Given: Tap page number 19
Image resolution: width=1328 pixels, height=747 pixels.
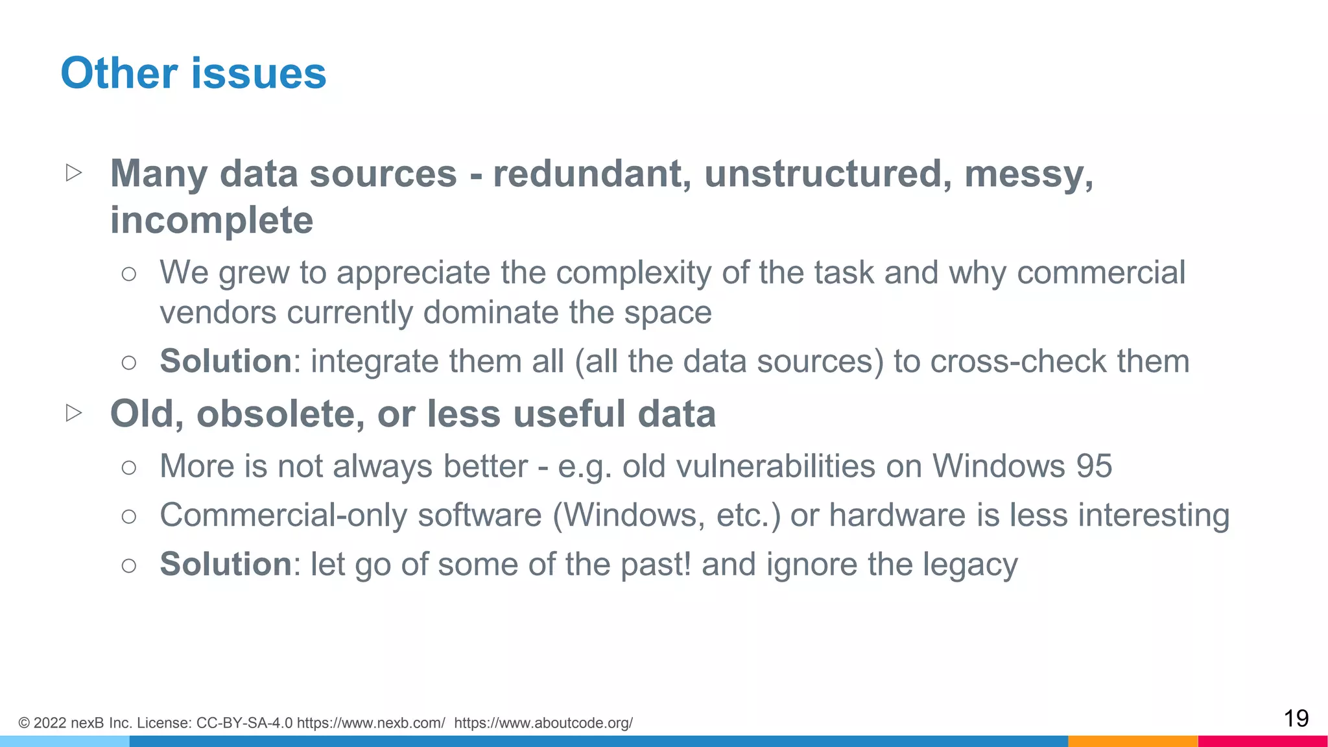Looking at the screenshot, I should pos(1296,718).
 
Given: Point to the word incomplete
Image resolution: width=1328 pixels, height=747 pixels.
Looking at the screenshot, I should pos(211,220).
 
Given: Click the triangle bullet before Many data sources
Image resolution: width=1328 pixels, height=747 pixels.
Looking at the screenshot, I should pos(74,172).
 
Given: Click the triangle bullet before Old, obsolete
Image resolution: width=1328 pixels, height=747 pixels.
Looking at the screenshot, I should pos(74,412).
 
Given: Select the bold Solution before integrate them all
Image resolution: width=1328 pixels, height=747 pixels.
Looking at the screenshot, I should pos(226,361).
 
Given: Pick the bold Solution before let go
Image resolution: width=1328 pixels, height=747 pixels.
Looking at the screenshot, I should pos(226,563).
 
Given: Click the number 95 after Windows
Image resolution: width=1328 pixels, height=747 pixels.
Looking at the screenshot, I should pos(1094,466).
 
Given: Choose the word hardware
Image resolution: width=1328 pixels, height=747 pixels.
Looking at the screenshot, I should pos(897,516).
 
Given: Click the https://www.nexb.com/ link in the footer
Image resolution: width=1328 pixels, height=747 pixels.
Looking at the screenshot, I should pos(371,723).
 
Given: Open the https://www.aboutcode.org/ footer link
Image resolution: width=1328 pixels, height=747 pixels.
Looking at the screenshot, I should pos(543,723).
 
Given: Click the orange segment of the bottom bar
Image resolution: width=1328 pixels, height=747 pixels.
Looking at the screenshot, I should pos(1132,741).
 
